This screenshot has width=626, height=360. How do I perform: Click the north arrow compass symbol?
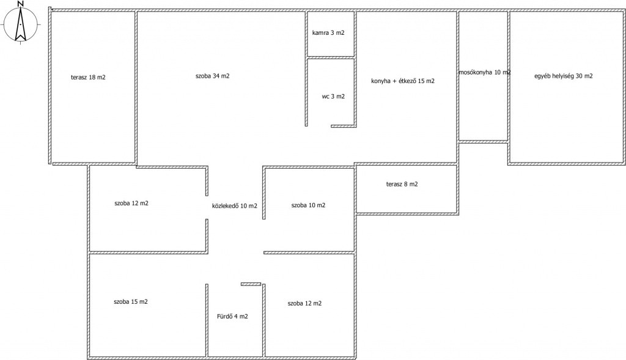click(x=20, y=24)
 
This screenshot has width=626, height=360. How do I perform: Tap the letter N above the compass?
click(x=20, y=4)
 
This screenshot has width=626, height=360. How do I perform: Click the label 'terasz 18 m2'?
click(x=88, y=78)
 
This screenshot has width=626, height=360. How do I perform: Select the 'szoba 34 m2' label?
click(x=212, y=76)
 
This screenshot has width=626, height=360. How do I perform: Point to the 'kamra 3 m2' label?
click(x=328, y=33)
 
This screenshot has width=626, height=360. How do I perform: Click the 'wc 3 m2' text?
click(x=333, y=96)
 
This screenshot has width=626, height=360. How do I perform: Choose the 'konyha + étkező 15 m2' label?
click(x=403, y=81)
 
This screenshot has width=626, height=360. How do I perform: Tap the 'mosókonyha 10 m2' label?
click(x=485, y=72)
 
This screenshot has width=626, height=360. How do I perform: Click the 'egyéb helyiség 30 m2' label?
click(x=563, y=76)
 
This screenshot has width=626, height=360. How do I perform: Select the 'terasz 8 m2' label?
click(x=402, y=184)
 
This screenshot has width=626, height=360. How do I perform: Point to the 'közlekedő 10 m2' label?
click(x=235, y=206)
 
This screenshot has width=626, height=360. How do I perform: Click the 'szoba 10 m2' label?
click(x=308, y=205)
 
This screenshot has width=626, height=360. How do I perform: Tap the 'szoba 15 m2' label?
click(x=131, y=302)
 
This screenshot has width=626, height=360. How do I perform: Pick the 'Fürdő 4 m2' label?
click(x=232, y=317)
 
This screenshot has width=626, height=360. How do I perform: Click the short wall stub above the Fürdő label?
click(x=251, y=284)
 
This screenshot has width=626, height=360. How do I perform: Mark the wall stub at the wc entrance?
click(x=344, y=126)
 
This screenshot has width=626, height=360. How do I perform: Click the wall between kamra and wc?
click(x=331, y=58)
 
